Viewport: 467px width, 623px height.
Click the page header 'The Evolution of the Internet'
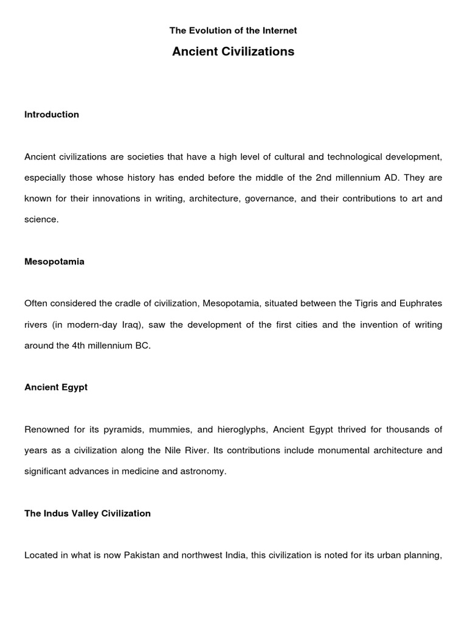pos(233,30)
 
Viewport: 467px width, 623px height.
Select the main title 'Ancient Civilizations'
pos(233,52)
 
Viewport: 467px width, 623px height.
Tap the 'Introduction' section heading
pos(52,114)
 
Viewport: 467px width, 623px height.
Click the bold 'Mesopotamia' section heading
pos(54,262)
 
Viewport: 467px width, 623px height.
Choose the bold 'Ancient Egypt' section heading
pos(56,387)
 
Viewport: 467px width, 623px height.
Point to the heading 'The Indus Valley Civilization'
pos(88,513)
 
